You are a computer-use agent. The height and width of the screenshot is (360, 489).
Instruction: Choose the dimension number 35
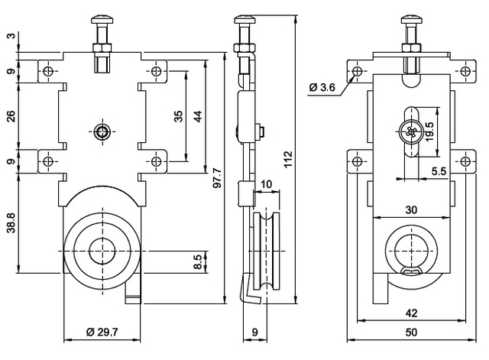point(178,116)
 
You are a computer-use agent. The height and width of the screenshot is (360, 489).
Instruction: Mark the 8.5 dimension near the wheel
point(198,262)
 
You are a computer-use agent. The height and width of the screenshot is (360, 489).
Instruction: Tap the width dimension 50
point(411,332)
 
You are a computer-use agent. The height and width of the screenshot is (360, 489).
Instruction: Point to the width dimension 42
point(411,313)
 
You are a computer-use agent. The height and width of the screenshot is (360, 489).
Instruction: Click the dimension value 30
point(411,209)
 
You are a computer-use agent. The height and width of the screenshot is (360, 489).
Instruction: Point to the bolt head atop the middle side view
point(244,18)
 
